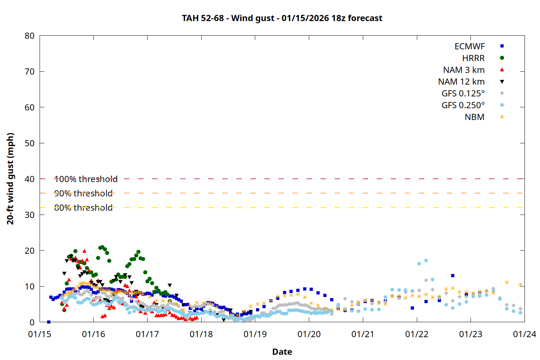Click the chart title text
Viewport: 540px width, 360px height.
(x=282, y=18)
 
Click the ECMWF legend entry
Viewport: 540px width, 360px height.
(x=469, y=46)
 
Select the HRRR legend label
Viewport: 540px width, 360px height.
(x=473, y=58)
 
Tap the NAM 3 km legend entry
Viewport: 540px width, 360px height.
(x=464, y=70)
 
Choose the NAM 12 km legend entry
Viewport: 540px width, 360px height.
(x=461, y=82)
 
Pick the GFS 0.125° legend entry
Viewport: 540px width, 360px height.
(x=463, y=94)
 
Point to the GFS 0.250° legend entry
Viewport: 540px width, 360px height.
(x=463, y=105)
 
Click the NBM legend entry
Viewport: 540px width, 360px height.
(x=474, y=117)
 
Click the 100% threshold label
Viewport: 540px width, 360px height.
(x=86, y=179)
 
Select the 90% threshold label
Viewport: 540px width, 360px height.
(x=83, y=193)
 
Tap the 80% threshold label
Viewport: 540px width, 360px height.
(x=83, y=208)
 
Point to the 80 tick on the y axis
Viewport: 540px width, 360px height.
(x=30, y=36)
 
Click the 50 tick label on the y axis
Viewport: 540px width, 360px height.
(x=30, y=143)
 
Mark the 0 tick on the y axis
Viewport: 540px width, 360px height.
(x=32, y=323)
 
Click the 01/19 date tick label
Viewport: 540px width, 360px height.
(x=255, y=334)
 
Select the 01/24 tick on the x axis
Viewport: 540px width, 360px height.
(x=524, y=334)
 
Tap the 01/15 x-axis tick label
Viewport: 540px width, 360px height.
(x=40, y=334)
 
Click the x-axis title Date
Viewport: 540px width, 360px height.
(x=282, y=352)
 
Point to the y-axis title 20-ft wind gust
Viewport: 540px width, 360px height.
(x=10, y=179)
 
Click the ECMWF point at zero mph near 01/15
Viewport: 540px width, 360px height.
(x=49, y=322)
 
